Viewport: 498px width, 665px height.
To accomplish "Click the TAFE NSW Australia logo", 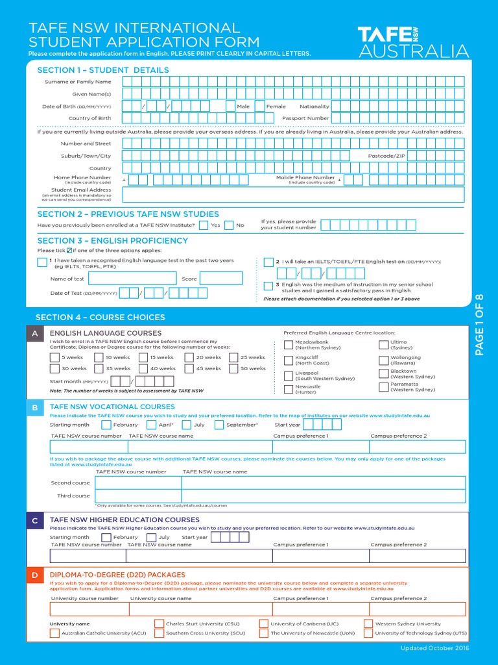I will (x=413, y=42).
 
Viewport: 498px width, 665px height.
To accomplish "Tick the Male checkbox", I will (x=231, y=107).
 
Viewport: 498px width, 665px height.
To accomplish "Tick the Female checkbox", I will (x=259, y=107).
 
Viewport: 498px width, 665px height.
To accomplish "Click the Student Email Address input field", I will (x=293, y=194).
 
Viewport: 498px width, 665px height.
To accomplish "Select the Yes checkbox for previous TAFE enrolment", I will (x=204, y=225).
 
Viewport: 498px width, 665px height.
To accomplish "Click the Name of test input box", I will (x=132, y=279).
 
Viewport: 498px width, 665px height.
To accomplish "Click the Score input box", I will (x=220, y=279).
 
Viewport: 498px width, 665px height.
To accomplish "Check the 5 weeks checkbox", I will (x=54, y=357).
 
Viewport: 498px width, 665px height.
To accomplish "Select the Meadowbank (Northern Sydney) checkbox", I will (x=288, y=344).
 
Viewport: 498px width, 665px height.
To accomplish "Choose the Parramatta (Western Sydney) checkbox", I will (x=383, y=387).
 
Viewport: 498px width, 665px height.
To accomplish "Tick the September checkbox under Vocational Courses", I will (x=219, y=425).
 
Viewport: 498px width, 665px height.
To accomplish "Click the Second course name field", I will (x=323, y=483).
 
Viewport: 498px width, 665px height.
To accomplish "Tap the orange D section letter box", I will (x=34, y=575).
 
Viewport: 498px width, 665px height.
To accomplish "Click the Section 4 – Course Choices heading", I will (x=100, y=317).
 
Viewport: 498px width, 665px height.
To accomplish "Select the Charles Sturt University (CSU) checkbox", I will (x=159, y=623).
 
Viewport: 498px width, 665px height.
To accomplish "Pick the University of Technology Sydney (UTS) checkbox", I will (x=368, y=633).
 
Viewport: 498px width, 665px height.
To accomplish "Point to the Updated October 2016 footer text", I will (x=434, y=648).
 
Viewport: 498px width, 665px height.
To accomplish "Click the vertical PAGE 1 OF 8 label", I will (x=480, y=325).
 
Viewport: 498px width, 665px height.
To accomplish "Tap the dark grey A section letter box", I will (x=34, y=333).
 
